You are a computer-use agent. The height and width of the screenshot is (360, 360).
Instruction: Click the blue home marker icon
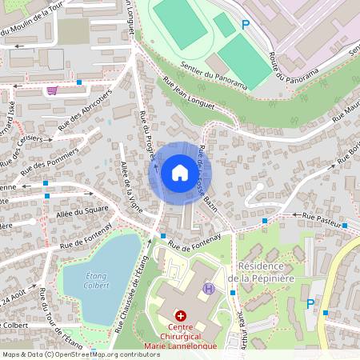click(x=179, y=173)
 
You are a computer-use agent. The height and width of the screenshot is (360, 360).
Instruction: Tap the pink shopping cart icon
click(x=52, y=90)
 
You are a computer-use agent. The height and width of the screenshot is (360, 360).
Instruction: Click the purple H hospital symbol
click(x=209, y=288)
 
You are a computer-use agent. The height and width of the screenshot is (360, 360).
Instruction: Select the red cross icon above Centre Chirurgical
click(x=181, y=317)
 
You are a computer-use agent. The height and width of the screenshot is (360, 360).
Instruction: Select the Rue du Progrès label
click(x=147, y=134)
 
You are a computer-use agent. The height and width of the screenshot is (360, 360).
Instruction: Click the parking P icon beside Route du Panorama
click(x=246, y=25)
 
